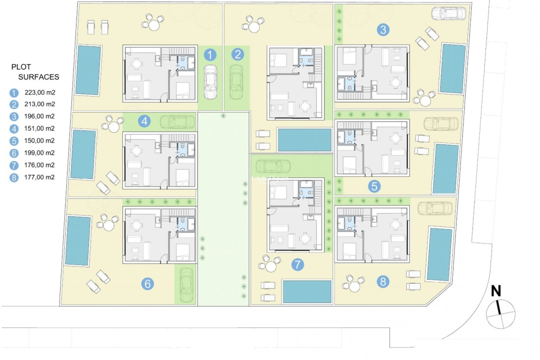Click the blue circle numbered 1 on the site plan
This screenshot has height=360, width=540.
[x=210, y=55]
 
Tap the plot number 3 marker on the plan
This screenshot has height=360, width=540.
[x=383, y=30]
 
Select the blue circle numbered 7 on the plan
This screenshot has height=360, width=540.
[x=298, y=264]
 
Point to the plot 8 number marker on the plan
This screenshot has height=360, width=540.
[x=383, y=282]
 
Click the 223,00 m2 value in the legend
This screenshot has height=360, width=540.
[x=40, y=92]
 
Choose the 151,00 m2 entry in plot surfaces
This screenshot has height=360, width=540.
[x=39, y=129]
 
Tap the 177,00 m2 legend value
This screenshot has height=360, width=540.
[x=39, y=177]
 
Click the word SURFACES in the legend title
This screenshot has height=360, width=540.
[x=39, y=77]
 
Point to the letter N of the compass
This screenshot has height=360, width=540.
[x=496, y=291]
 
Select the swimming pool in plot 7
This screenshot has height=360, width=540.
[x=307, y=291]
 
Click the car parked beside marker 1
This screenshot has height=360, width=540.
[x=210, y=82]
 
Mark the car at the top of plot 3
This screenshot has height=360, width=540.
[x=449, y=13]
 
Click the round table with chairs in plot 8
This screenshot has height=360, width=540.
[x=354, y=286]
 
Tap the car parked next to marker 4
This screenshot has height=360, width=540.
[x=177, y=122]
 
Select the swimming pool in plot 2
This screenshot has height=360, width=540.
[x=305, y=140]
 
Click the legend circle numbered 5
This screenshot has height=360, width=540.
[x=14, y=141]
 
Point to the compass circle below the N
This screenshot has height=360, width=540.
[x=501, y=314]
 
